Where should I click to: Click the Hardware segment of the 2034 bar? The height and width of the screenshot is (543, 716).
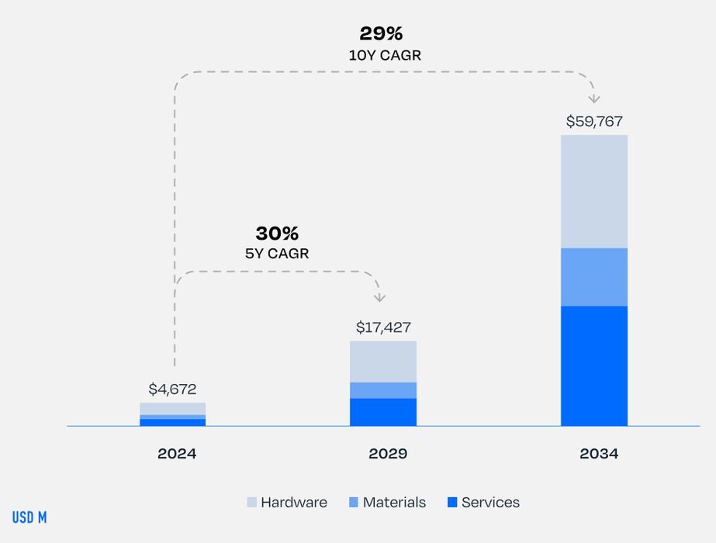click(x=594, y=192)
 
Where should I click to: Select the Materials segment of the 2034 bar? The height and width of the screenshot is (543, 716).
click(x=594, y=277)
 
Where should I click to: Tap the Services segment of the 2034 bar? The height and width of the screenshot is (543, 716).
click(x=594, y=365)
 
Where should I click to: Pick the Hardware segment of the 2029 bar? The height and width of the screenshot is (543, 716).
click(x=383, y=361)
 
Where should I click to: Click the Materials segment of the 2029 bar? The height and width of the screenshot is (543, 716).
click(x=383, y=390)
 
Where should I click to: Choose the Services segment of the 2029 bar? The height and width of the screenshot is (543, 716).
click(x=383, y=412)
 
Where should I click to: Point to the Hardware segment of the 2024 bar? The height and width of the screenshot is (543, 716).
click(x=173, y=408)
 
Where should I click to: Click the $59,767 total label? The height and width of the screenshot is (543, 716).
click(x=594, y=122)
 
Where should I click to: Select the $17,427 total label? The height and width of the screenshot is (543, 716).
click(x=383, y=327)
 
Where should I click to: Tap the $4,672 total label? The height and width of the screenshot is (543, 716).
click(x=173, y=389)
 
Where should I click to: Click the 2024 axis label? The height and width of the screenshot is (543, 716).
click(x=177, y=454)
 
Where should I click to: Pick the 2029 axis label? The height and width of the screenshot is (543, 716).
click(x=388, y=454)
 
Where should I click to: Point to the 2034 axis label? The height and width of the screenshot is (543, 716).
click(x=599, y=454)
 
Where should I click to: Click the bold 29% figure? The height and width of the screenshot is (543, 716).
click(x=381, y=34)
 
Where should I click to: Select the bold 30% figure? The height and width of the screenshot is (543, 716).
click(x=277, y=233)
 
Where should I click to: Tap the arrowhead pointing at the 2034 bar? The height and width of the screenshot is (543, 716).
click(x=594, y=99)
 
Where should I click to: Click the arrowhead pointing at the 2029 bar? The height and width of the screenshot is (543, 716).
click(x=379, y=297)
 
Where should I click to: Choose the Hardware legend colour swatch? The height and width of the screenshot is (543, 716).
click(x=251, y=503)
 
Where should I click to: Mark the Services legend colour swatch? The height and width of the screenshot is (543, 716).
click(x=452, y=503)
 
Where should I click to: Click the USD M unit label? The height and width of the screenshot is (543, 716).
click(x=29, y=517)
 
